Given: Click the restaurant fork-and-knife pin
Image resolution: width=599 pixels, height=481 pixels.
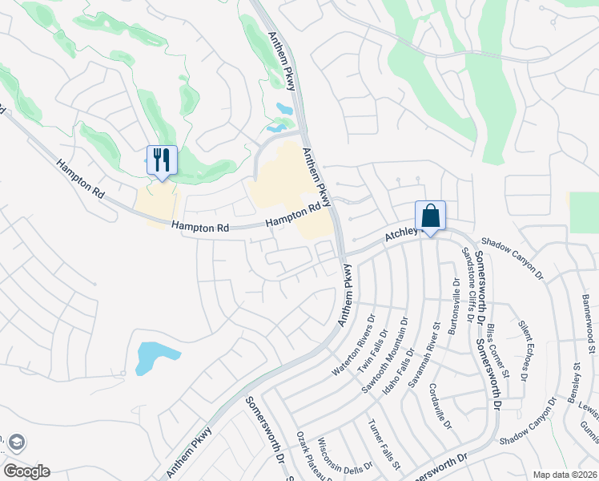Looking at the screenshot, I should (162, 160).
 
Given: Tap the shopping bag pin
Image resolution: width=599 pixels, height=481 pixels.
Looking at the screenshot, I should (430, 216).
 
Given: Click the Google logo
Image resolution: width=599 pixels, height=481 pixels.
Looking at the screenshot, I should (26, 471).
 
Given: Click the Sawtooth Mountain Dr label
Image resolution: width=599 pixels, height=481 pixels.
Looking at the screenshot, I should (385, 344).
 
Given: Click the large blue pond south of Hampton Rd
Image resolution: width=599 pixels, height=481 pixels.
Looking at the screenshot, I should (152, 357).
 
